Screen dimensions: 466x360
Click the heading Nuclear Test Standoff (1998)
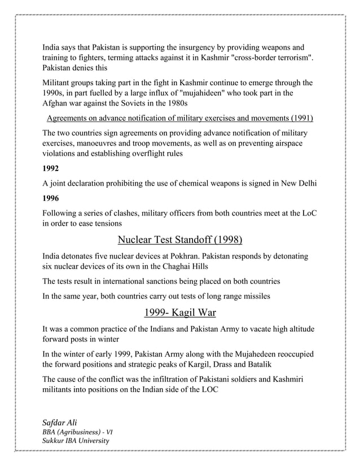180,241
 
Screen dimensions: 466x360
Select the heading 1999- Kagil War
180,313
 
